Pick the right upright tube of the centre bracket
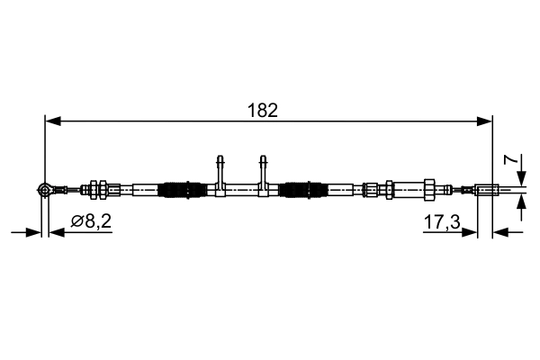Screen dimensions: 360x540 coord(264,168)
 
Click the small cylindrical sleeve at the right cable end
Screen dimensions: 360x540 coord(487,189)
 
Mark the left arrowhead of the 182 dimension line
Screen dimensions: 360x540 coord(51,120)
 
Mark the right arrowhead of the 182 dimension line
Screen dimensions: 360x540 coord(486,120)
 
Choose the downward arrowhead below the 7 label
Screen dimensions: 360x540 coord(522,179)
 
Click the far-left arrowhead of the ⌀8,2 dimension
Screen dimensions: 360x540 coord(35,231)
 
